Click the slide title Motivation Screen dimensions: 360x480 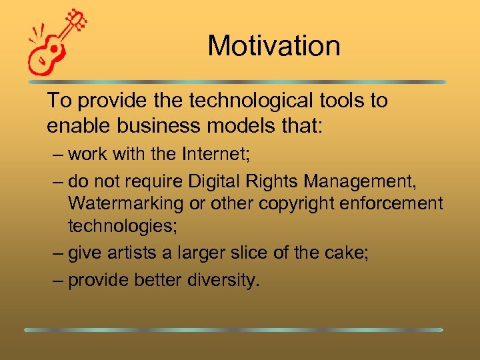click(274, 46)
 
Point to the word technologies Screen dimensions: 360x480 click(123, 227)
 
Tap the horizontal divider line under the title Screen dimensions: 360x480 click(236, 82)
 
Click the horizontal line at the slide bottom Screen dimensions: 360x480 click(233, 329)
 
